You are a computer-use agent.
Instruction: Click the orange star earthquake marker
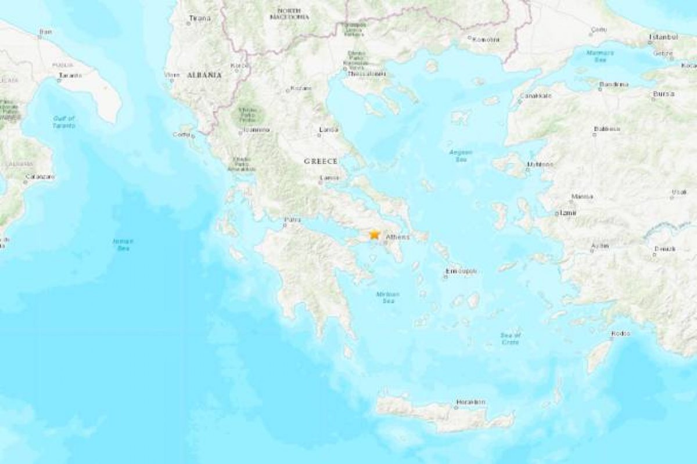pyautogui.click(x=375, y=234)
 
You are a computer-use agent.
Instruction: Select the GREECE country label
pyautogui.click(x=321, y=161)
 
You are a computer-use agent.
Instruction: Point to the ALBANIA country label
pyautogui.click(x=204, y=75)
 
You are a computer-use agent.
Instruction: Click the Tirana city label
pyautogui.click(x=200, y=19)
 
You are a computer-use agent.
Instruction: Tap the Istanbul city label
pyautogui.click(x=663, y=37)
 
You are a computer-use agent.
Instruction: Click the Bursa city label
pyautogui.click(x=664, y=93)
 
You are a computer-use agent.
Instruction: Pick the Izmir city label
pyautogui.click(x=566, y=213)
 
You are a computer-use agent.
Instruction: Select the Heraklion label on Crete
pyautogui.click(x=471, y=402)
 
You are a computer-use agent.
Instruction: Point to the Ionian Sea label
pyautogui.click(x=123, y=244)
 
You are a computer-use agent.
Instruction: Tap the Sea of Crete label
pyautogui.click(x=511, y=339)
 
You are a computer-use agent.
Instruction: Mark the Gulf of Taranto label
pyautogui.click(x=64, y=122)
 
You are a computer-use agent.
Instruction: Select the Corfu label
pyautogui.click(x=181, y=135)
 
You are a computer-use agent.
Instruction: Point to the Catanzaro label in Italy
pyautogui.click(x=40, y=176)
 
